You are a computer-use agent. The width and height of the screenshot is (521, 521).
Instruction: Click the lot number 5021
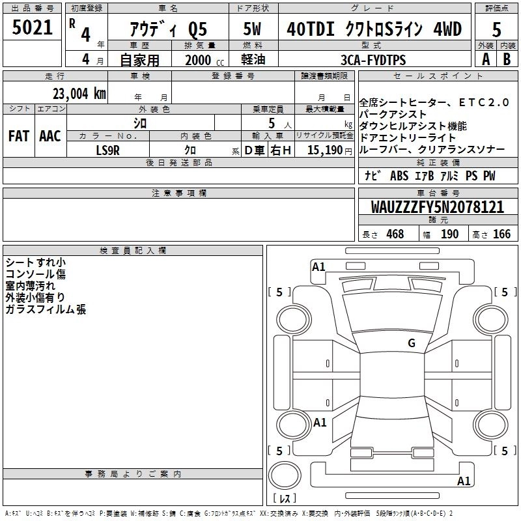coord(32,27)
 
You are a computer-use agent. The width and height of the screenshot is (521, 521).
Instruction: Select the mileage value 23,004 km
coord(79,94)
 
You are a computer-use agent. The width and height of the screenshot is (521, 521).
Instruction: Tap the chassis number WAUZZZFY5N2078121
coord(437,207)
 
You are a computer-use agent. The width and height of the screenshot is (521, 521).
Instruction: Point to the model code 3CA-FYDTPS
coord(373,60)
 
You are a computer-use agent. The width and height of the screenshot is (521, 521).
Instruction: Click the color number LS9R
coord(107,150)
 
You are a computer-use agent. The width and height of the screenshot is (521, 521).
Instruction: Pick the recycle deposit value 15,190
coord(325,150)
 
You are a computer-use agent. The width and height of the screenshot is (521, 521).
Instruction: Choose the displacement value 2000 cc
coord(204,60)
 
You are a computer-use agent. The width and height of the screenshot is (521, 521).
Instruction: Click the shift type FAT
coord(19,136)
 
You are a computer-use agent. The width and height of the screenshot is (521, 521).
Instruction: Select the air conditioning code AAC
coord(50,136)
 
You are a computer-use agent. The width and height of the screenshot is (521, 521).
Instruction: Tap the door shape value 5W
coord(252,29)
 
